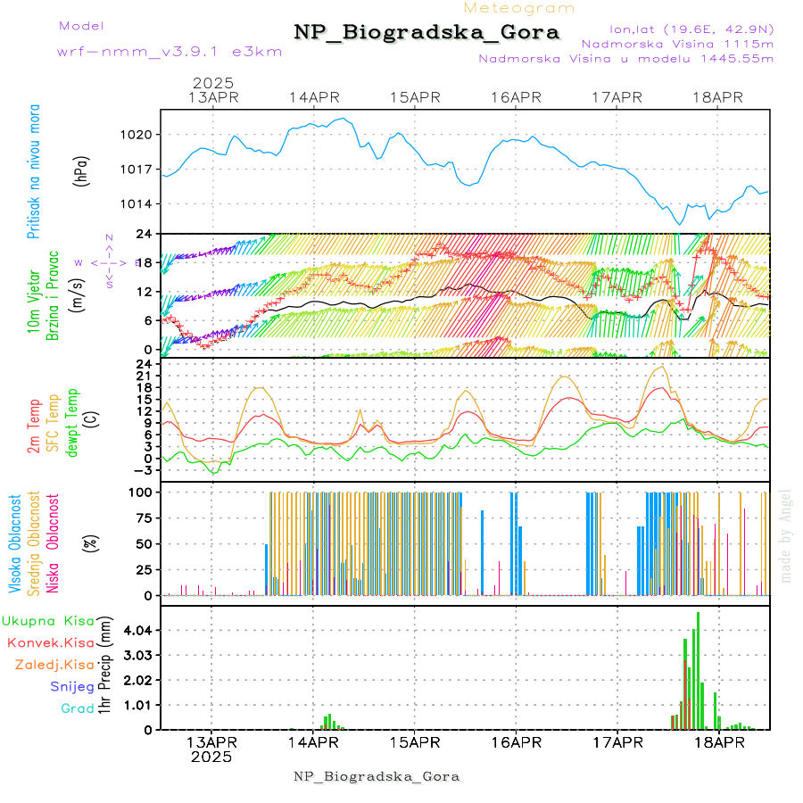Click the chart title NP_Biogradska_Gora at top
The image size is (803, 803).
(x=426, y=33)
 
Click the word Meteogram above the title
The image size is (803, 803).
(x=519, y=8)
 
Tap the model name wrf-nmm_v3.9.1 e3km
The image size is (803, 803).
(x=170, y=52)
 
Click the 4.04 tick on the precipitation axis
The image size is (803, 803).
(x=138, y=631)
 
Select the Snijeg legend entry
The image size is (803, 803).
(x=72, y=687)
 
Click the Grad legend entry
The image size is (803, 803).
(x=78, y=709)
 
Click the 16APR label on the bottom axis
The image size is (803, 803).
(x=516, y=742)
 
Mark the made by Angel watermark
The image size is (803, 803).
(x=786, y=535)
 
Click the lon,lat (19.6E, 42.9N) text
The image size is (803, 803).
(x=691, y=29)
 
